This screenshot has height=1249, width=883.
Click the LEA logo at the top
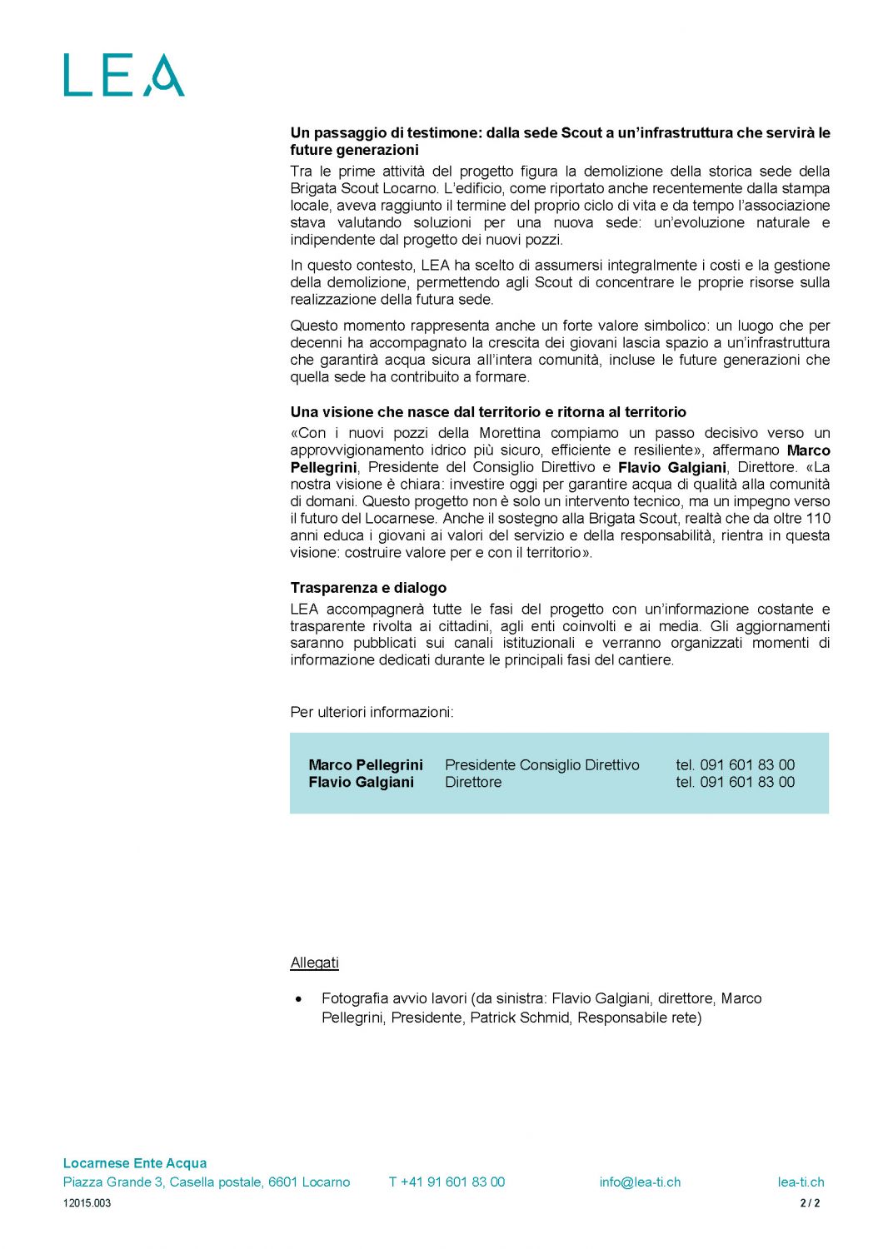[x=123, y=76]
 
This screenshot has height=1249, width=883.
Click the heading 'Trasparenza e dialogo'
[x=368, y=588]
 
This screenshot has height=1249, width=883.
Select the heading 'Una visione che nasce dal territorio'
[x=488, y=412]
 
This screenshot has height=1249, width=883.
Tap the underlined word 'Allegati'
[x=314, y=963]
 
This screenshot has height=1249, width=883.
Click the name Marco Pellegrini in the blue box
[x=366, y=765]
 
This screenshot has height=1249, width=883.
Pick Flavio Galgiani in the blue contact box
[x=361, y=783]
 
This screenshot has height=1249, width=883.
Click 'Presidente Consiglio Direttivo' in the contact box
[x=542, y=765]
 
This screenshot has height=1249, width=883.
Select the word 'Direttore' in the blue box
[x=473, y=783]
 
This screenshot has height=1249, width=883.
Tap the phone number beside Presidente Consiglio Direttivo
[x=736, y=765]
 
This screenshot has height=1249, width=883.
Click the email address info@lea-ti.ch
[x=640, y=1182]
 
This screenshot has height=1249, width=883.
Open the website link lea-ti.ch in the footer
[x=801, y=1182]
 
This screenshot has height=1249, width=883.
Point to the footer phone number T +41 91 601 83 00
[x=446, y=1182]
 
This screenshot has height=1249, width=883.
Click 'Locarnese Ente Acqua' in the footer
[x=135, y=1163]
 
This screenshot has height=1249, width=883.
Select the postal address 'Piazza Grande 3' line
[x=207, y=1182]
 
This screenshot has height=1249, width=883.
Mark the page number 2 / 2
[x=810, y=1203]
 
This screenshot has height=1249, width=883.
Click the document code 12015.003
[x=87, y=1203]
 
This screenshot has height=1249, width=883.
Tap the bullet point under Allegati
[x=299, y=998]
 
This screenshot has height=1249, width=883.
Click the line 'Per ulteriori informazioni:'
[x=372, y=713]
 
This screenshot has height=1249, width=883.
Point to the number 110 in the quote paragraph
[x=818, y=519]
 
